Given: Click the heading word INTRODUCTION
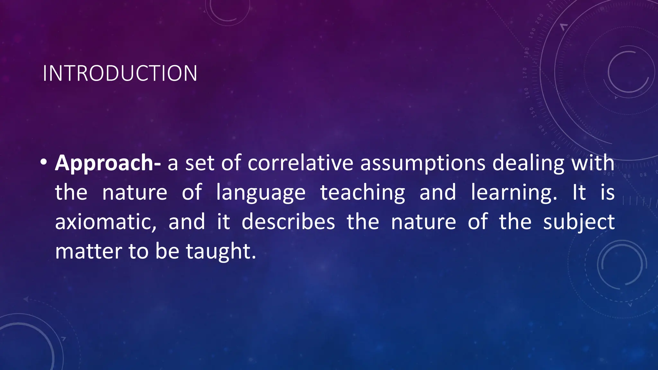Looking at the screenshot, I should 120,73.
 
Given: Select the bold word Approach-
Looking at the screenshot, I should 108,163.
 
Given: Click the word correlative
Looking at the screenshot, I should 300,163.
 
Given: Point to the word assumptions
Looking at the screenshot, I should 422,163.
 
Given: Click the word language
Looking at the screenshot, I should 261,193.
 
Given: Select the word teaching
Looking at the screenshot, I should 363,193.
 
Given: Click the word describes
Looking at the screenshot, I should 288,222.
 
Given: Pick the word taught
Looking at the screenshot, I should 221,251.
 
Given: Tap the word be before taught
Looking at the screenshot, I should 167,251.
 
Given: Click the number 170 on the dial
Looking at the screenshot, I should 525,73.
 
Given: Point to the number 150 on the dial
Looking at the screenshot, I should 532,112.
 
